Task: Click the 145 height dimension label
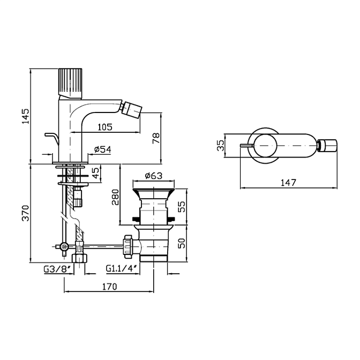pyautogui.click(x=26, y=116)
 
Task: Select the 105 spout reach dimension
pyautogui.click(x=105, y=127)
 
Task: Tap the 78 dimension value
pyautogui.click(x=156, y=138)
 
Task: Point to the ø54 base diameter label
pyautogui.click(x=103, y=149)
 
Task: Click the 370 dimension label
pyautogui.click(x=26, y=213)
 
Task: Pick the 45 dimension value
pyautogui.click(x=95, y=173)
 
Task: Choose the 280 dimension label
pyautogui.click(x=115, y=197)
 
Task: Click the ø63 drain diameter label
pyautogui.click(x=154, y=176)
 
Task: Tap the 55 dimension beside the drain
pyautogui.click(x=181, y=207)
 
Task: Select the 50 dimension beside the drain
pyautogui.click(x=182, y=243)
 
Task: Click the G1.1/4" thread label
pyautogui.click(x=123, y=268)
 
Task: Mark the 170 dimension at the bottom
pyautogui.click(x=109, y=287)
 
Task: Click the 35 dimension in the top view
pyautogui.click(x=220, y=145)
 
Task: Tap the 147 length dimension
pyautogui.click(x=289, y=183)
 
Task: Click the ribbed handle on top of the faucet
pyautogui.click(x=70, y=84)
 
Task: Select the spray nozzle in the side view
pyautogui.click(x=131, y=110)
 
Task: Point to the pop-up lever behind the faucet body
pyautogui.click(x=52, y=138)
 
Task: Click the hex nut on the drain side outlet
pyautogui.click(x=127, y=246)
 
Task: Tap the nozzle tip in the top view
pyautogui.click(x=327, y=146)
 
